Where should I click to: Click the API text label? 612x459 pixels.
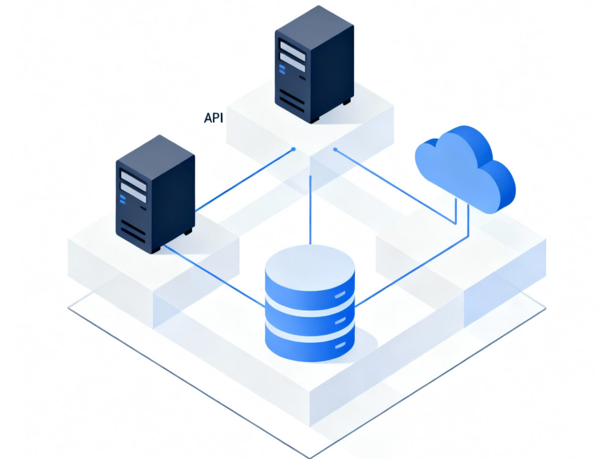coord(214,118)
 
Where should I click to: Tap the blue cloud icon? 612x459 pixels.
coord(465,168)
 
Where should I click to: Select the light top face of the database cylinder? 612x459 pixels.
coord(310,267)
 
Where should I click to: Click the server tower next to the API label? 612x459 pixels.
coord(315,64)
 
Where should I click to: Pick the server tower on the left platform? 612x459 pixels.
coord(155,194)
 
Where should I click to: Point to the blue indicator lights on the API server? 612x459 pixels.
coord(282,70)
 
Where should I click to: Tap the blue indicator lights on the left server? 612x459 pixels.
coord(122,200)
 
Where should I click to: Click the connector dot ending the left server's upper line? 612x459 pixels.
coord(294,149)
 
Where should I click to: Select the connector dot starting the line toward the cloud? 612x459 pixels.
coord(335,149)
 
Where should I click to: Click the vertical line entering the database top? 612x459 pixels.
coord(310,211)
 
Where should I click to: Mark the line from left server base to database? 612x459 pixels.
coord(214,275)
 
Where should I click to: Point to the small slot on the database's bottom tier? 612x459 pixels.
coord(340,345)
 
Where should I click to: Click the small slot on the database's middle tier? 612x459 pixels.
coord(340,321)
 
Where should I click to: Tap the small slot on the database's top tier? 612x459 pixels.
coord(340,294)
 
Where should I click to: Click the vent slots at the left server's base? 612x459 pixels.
coord(133,231)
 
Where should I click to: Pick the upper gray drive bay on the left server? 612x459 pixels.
coord(133,181)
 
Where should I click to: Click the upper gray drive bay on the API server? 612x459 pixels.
coord(293,51)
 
